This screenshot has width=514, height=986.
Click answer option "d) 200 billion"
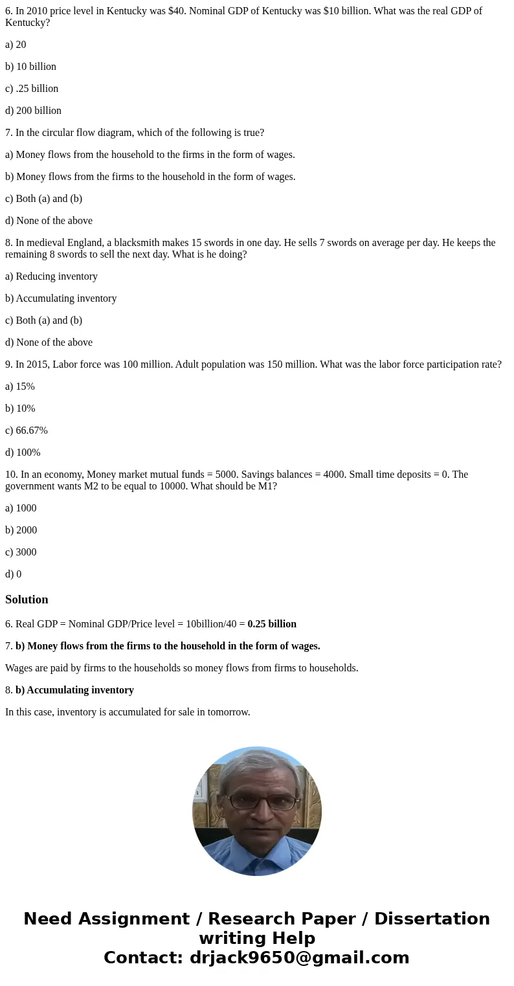[x=33, y=111]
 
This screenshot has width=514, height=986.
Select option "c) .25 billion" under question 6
[x=32, y=89]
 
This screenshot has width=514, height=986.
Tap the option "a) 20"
[x=16, y=45]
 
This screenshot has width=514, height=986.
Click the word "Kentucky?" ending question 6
[x=27, y=23]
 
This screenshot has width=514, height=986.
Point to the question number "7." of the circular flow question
[x=9, y=133]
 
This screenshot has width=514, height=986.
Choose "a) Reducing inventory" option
[x=51, y=276]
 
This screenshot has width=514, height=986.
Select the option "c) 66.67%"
[x=27, y=431]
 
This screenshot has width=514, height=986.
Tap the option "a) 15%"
[x=20, y=387]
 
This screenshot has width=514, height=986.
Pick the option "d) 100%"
[x=23, y=453]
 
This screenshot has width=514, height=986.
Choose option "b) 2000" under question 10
[x=21, y=530]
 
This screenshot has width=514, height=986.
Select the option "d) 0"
[x=13, y=574]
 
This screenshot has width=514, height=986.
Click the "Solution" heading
[x=27, y=599]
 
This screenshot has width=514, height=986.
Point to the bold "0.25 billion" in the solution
[x=272, y=624]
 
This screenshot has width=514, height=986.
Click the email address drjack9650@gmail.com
[x=299, y=958]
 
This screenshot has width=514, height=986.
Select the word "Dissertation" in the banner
[x=432, y=919]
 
